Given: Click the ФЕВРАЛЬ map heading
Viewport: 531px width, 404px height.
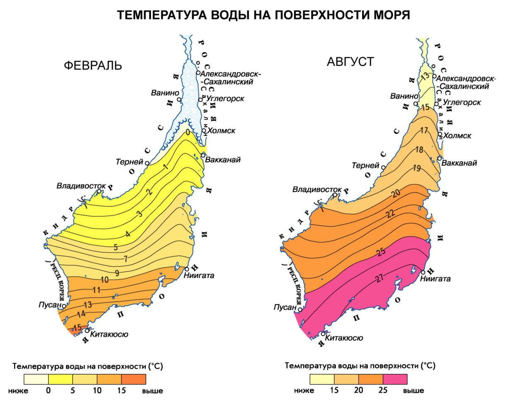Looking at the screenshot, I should (93, 65).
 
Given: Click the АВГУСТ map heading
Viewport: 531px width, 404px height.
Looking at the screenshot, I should (351, 62).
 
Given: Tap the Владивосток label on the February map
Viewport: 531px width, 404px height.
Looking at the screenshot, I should (81, 186).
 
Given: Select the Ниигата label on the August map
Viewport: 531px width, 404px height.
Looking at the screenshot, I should (435, 278).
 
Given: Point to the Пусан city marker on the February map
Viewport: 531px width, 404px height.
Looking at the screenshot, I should (64, 306).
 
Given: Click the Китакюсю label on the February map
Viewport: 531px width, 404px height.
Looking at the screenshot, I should (109, 334).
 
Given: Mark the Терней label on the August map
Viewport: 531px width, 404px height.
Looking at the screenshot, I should (365, 165).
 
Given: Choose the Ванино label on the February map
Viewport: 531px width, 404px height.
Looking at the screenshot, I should (165, 93).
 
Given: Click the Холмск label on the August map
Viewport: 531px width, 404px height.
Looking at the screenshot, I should (457, 135).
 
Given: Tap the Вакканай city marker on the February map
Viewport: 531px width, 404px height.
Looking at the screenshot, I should (203, 155).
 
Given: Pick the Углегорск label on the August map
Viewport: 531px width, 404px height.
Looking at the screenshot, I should (462, 102).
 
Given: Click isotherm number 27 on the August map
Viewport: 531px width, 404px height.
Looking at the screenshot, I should (379, 279).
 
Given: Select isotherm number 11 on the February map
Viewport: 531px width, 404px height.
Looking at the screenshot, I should (96, 290).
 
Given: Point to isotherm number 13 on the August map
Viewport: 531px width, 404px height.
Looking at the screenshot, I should (425, 76).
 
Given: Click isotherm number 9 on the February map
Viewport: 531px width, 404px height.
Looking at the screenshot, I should (117, 273).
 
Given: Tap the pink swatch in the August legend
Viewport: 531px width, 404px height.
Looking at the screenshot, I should (395, 379).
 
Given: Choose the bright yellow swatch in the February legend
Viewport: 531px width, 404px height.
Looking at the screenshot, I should (61, 379).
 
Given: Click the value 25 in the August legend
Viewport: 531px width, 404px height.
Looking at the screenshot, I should (383, 390).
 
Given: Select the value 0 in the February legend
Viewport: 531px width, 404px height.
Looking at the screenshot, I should (49, 390).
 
